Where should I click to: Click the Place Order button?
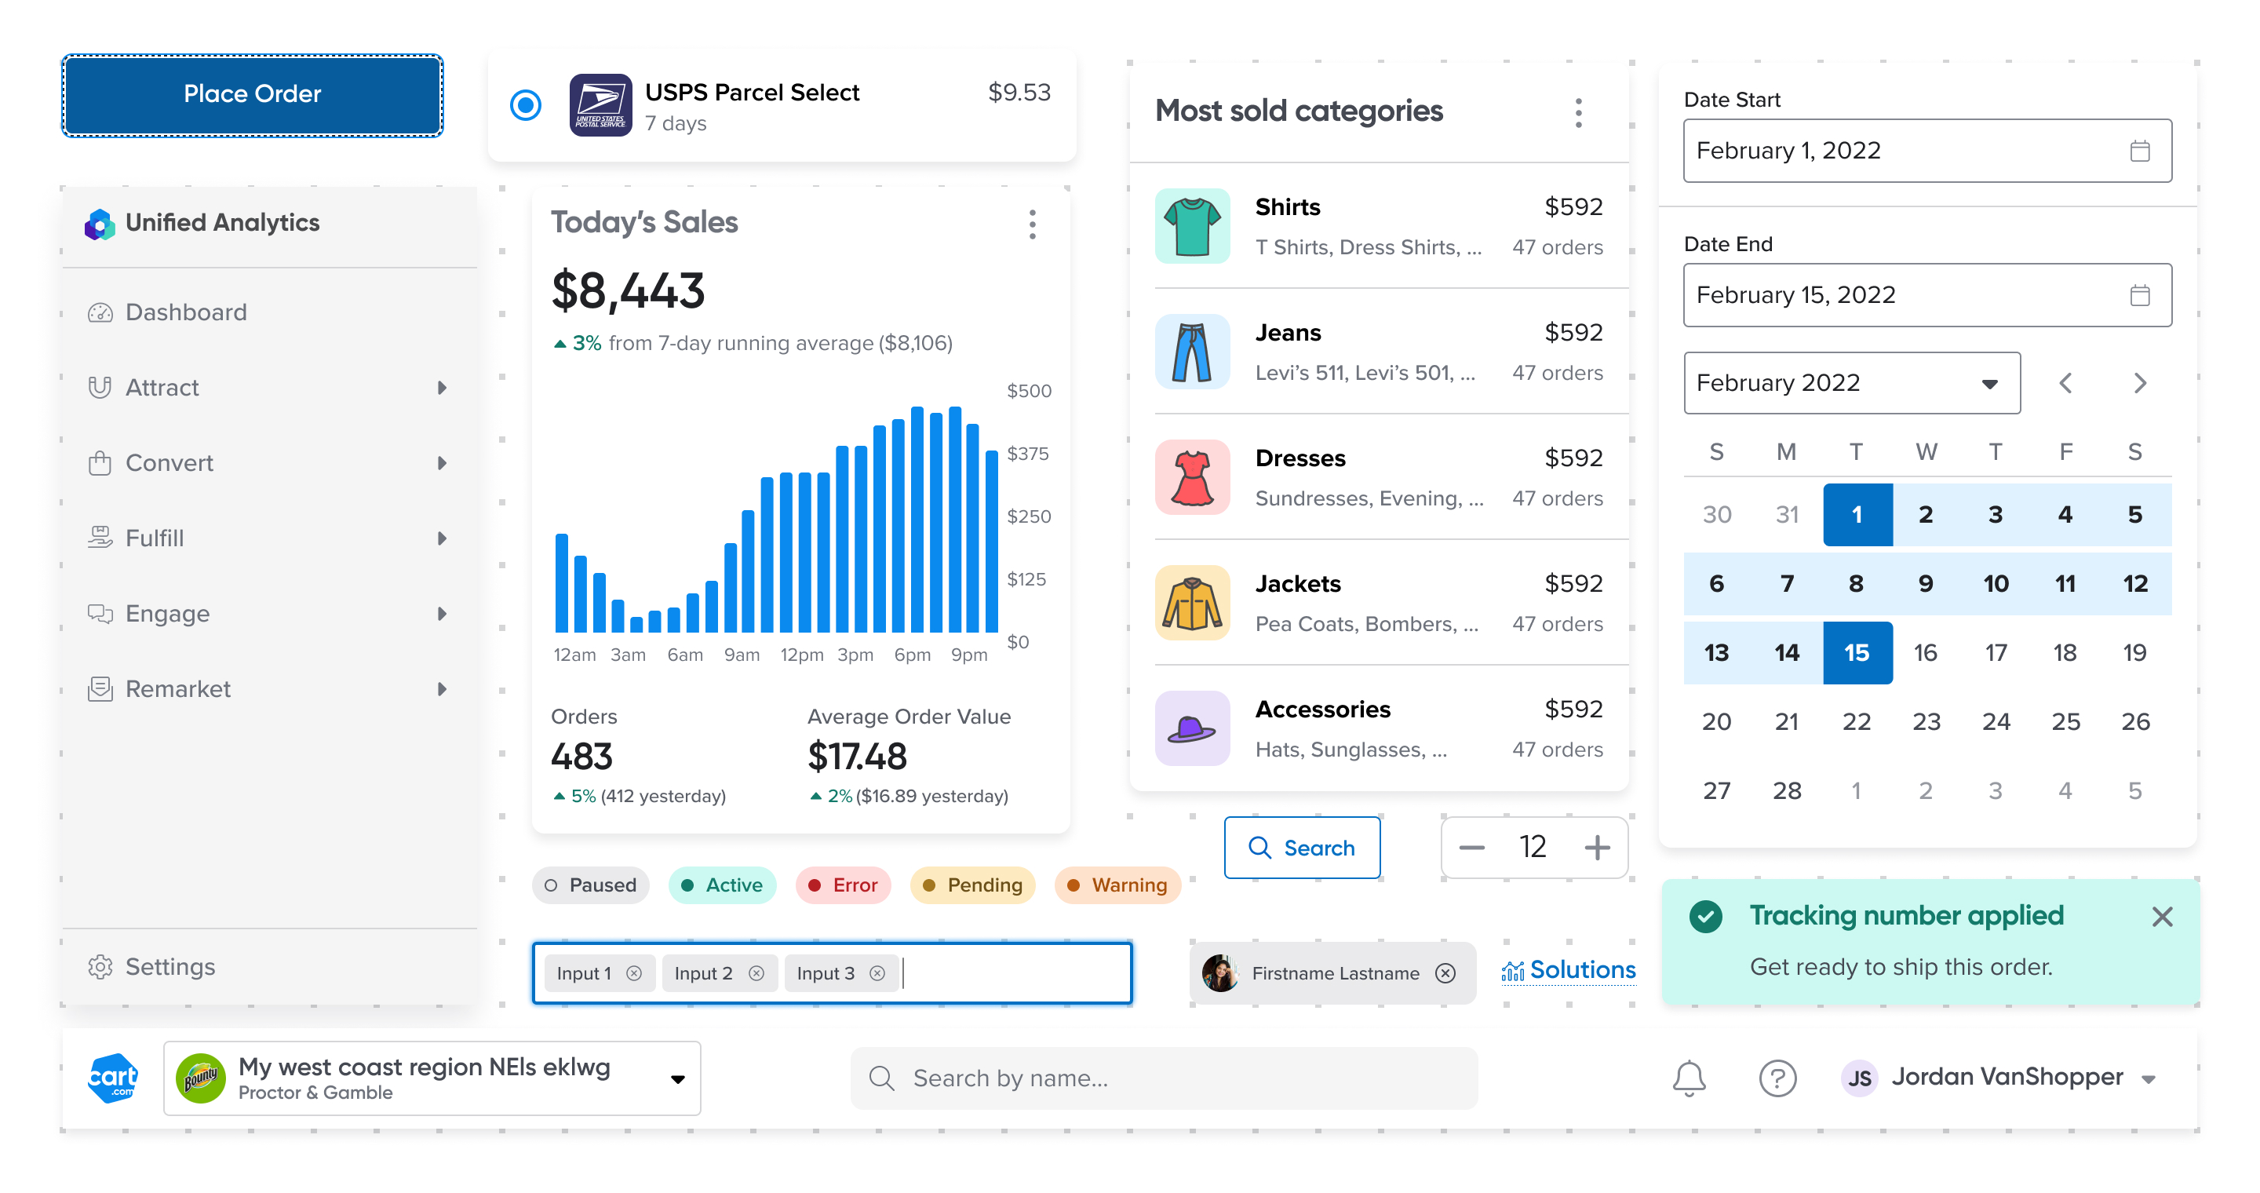pyautogui.click(x=252, y=95)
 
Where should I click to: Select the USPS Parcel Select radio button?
pyautogui.click(x=526, y=105)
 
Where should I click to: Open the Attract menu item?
pyautogui.click(x=162, y=388)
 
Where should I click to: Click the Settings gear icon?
pyautogui.click(x=100, y=967)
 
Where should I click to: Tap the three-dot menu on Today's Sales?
pyautogui.click(x=1032, y=224)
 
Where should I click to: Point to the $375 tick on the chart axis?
pyautogui.click(x=1027, y=454)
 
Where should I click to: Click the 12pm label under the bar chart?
pyautogui.click(x=801, y=655)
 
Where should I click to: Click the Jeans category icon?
pyautogui.click(x=1191, y=352)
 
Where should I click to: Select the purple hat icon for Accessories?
pyautogui.click(x=1191, y=728)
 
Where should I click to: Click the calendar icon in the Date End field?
pyautogui.click(x=2139, y=296)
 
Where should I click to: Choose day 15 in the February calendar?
pyautogui.click(x=1857, y=653)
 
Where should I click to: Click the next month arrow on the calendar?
pyautogui.click(x=2140, y=383)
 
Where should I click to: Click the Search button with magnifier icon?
pyautogui.click(x=1301, y=848)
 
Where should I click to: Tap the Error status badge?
pyautogui.click(x=842, y=885)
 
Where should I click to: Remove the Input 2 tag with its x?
pyautogui.click(x=756, y=974)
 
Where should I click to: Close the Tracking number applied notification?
pyautogui.click(x=2162, y=917)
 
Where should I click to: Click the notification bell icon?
pyautogui.click(x=1688, y=1078)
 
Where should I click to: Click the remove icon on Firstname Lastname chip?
pyautogui.click(x=1445, y=974)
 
